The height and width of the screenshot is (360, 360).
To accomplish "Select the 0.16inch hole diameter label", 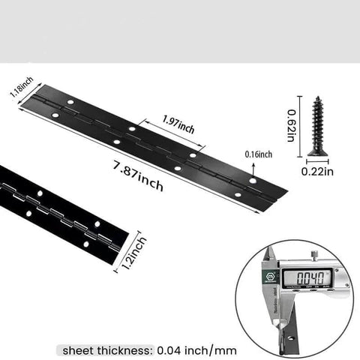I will tap(258, 154).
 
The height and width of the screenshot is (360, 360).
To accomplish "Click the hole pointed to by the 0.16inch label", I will tap(253, 181).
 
